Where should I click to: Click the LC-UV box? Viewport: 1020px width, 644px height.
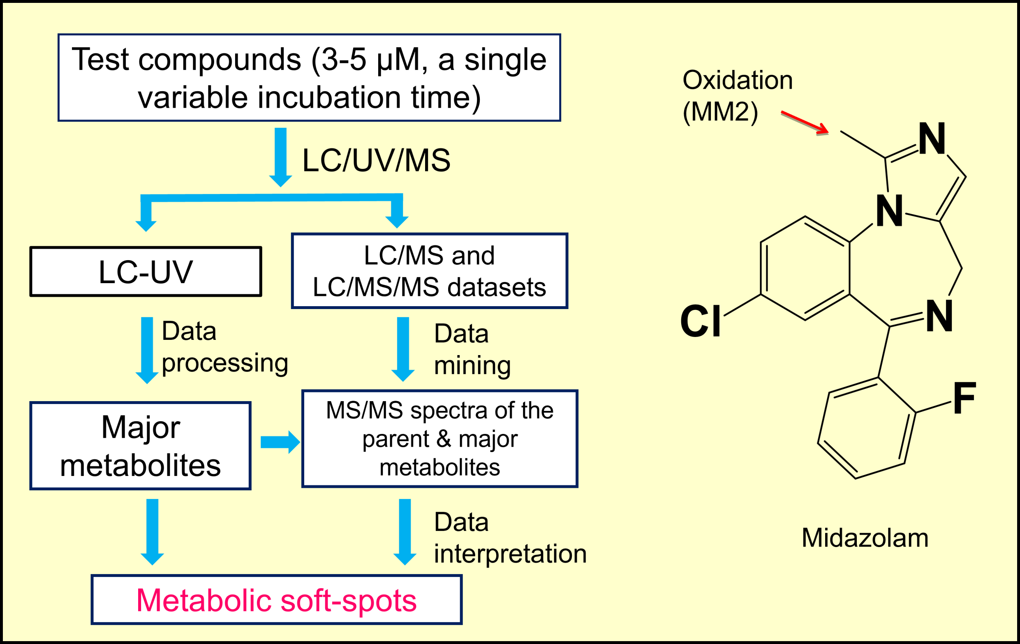[x=145, y=271]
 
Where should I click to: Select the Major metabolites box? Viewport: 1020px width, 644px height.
[x=140, y=446]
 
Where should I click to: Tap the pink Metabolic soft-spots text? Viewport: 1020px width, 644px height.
[x=276, y=600]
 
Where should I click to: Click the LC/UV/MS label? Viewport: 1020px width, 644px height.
[x=376, y=160]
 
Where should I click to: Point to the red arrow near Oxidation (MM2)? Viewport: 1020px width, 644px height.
[x=804, y=123]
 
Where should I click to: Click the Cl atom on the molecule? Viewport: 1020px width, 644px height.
[x=700, y=321]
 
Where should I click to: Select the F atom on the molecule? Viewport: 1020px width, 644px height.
[x=964, y=397]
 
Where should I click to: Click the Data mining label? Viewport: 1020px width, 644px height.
[x=472, y=349]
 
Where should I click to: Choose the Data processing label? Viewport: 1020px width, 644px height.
[x=224, y=347]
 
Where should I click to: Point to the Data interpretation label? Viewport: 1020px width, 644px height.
[x=509, y=538]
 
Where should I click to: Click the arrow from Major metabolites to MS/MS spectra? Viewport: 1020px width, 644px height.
[x=280, y=442]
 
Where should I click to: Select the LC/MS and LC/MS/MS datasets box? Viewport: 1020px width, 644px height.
[x=429, y=271]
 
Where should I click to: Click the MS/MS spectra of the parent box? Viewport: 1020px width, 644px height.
[x=439, y=439]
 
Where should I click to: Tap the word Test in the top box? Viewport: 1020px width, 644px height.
[x=100, y=59]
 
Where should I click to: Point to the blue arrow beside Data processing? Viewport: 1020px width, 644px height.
[x=147, y=350]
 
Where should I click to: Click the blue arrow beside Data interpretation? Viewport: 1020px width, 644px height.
[x=405, y=531]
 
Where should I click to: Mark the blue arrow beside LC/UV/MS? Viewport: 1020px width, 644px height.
[x=280, y=157]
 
